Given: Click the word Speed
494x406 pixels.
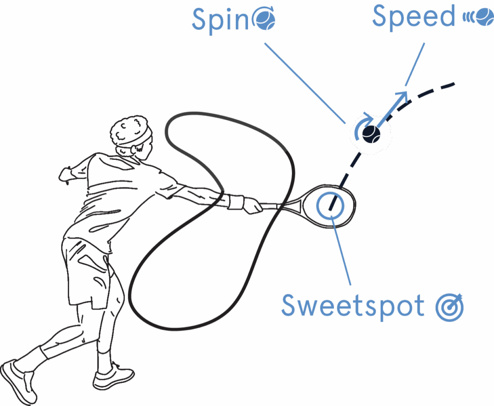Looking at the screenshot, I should coord(413,17).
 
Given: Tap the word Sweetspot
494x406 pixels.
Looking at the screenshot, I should coord(353,305).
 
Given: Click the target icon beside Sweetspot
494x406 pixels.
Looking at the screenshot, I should coord(450,307).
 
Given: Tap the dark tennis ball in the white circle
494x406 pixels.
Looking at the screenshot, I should coord(370,134).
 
